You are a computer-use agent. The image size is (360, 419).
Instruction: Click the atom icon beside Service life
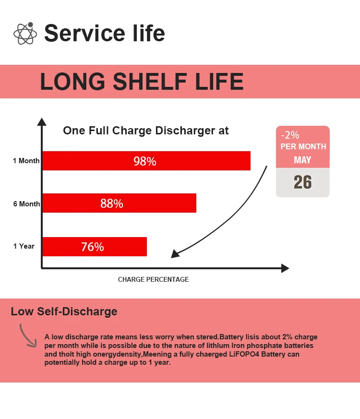(x=25, y=34)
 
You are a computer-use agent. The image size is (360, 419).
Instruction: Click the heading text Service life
(x=104, y=33)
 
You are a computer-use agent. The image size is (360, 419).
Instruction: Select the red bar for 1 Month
(x=146, y=161)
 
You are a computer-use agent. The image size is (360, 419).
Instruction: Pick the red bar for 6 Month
(x=120, y=203)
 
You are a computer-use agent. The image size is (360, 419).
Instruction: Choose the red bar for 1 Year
(x=95, y=247)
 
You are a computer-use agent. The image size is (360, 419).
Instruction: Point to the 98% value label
(x=145, y=161)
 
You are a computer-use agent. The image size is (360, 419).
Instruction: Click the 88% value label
(x=112, y=204)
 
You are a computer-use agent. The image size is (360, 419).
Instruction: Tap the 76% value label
(x=93, y=247)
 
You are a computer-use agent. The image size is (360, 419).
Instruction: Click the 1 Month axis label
(x=26, y=161)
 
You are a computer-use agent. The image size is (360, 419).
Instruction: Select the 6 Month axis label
(x=26, y=204)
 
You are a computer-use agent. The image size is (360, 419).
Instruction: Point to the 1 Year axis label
(x=24, y=246)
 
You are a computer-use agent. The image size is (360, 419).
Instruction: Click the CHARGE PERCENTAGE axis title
(x=153, y=279)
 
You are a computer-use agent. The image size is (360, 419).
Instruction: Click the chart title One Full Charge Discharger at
(x=146, y=131)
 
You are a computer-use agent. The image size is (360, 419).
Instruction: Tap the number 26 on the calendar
(x=302, y=182)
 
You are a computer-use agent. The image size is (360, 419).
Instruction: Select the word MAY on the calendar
(x=302, y=160)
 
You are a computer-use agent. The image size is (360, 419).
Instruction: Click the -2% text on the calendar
(x=290, y=135)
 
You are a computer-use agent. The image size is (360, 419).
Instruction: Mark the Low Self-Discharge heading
(x=64, y=311)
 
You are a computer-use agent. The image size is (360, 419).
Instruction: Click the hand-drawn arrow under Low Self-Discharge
(x=27, y=335)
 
